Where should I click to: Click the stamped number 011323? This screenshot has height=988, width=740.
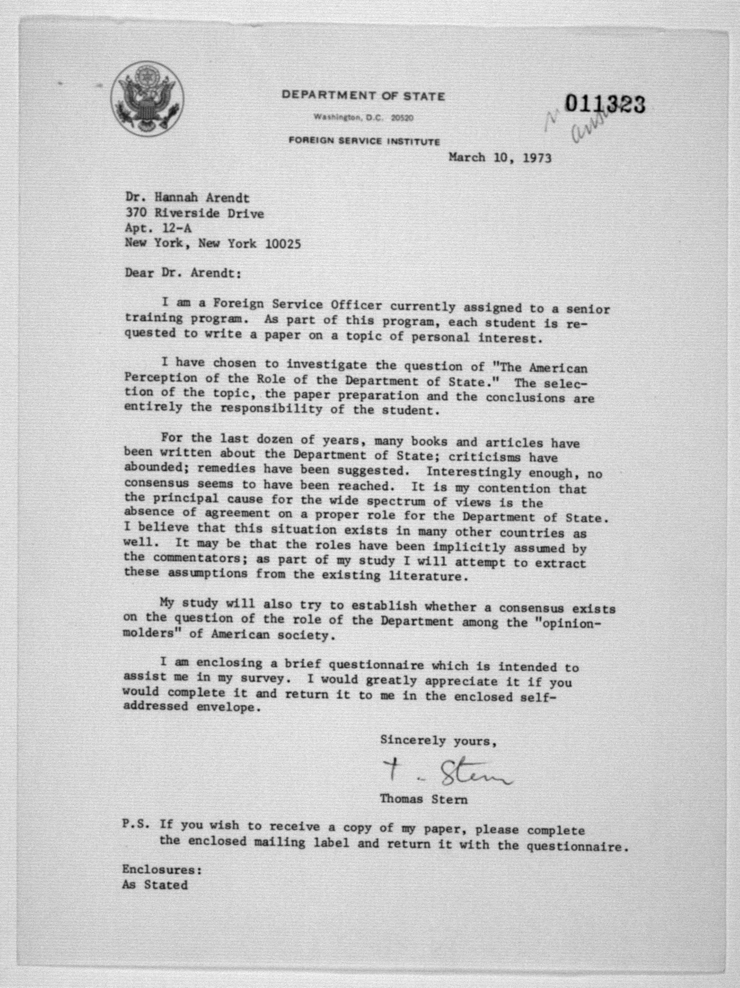605,104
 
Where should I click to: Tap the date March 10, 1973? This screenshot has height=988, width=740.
500,158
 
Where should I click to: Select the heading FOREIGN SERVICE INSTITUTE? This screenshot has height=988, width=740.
364,141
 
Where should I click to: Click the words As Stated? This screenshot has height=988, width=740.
155,885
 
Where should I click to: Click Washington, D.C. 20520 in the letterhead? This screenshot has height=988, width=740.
363,118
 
